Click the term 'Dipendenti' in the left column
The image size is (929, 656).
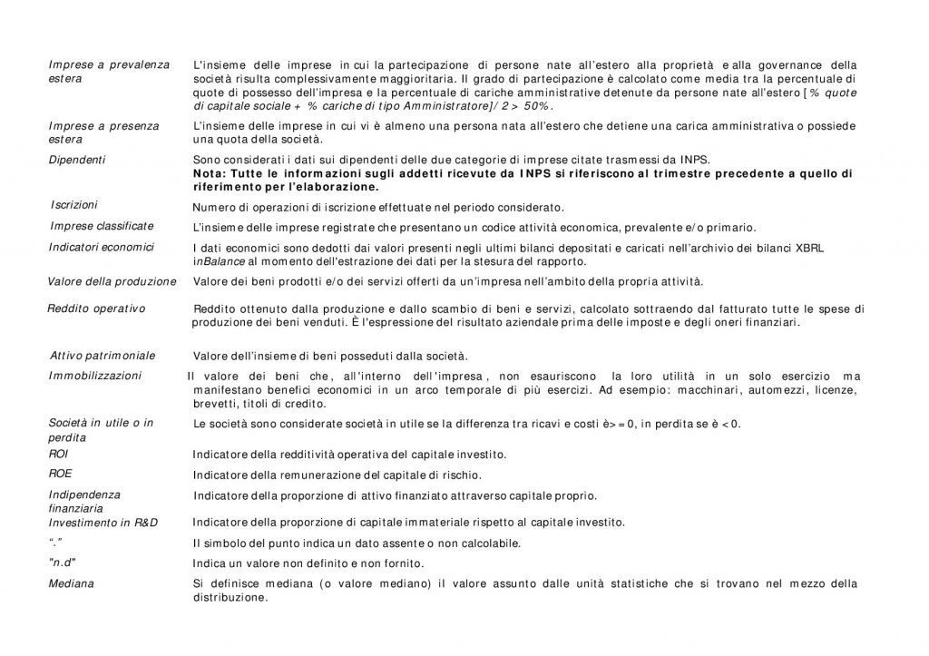(x=77, y=160)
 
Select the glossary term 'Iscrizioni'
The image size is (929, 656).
(x=74, y=205)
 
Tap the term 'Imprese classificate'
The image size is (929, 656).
(x=102, y=226)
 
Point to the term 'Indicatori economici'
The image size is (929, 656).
(x=101, y=247)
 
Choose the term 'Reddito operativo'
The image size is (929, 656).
(x=96, y=308)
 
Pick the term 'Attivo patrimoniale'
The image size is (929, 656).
(x=103, y=355)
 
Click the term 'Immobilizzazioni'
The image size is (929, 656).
(x=95, y=376)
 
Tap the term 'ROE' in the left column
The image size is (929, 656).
(x=60, y=474)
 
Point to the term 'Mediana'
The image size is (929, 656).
(x=72, y=583)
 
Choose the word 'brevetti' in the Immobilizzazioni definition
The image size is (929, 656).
(x=214, y=404)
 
